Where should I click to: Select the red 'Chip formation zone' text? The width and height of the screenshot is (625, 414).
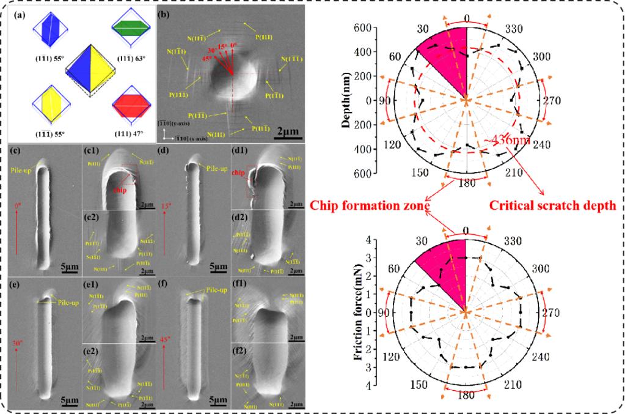point(368,206)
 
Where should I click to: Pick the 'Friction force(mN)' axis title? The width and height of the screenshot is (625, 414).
point(361,312)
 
